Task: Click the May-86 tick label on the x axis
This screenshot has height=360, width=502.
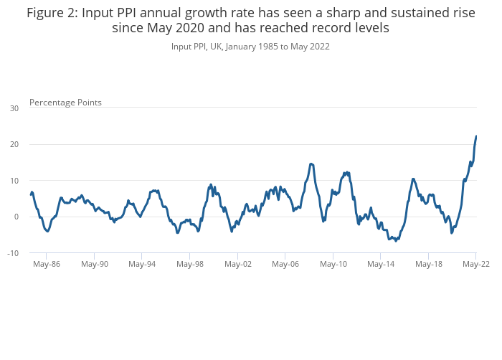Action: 47,264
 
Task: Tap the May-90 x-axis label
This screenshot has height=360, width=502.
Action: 95,264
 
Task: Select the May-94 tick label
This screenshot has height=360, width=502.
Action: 142,264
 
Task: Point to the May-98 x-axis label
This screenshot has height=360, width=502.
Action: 190,264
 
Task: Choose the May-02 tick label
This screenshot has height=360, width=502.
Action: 237,264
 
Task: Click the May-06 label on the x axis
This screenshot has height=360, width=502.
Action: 285,264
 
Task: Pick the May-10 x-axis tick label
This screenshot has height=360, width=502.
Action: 333,264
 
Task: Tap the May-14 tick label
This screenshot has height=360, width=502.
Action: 381,264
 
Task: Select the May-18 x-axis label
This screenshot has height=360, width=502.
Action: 428,264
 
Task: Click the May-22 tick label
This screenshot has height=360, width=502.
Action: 475,264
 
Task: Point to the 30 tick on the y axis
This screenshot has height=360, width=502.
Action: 14,108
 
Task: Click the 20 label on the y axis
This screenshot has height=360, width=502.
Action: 14,145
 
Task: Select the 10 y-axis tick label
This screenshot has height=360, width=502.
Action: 14,181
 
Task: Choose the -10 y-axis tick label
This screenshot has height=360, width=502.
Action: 12,253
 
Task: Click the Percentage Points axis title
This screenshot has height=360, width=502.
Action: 65,103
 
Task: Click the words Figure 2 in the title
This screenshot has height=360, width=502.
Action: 51,12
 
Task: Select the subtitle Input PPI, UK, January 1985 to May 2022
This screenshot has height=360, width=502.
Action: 250,47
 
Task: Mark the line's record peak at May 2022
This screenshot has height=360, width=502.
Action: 476,136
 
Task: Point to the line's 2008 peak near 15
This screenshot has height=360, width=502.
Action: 311,164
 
